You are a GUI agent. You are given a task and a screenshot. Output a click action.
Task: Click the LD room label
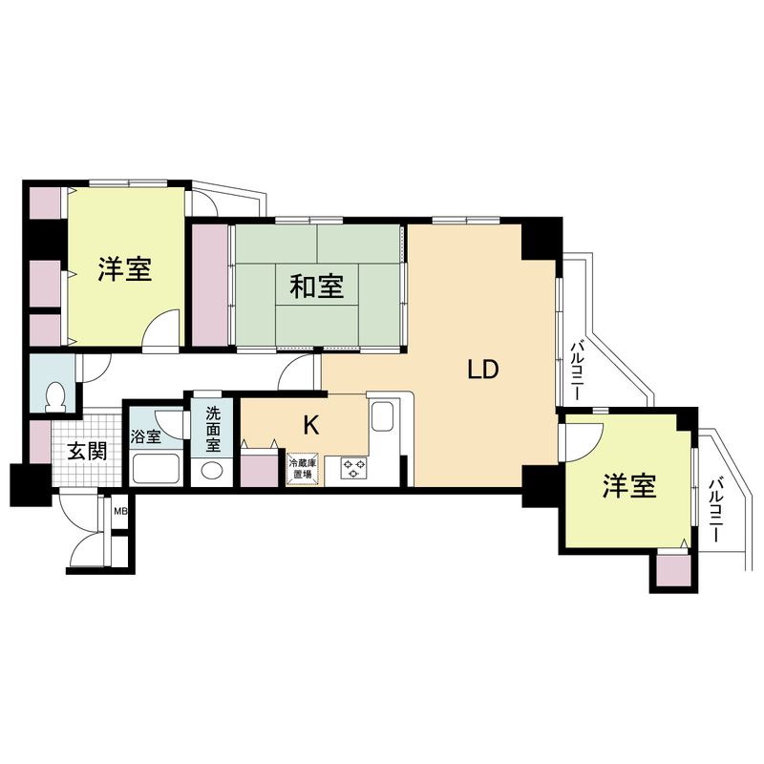tap(483, 370)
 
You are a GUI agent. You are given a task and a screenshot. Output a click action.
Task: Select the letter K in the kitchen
tap(310, 423)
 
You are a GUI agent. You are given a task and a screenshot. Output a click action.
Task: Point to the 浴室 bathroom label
tap(147, 436)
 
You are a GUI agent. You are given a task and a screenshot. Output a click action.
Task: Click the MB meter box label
tap(120, 512)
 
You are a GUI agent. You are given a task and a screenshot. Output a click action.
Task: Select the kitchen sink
tap(382, 417)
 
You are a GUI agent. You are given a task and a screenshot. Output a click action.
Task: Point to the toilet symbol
tap(56, 395)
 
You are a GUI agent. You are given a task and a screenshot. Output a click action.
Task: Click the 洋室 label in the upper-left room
tap(124, 269)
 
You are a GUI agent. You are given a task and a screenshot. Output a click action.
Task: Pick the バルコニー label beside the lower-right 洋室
tap(715, 511)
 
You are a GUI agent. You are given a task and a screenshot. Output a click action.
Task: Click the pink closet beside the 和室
tap(210, 285)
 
